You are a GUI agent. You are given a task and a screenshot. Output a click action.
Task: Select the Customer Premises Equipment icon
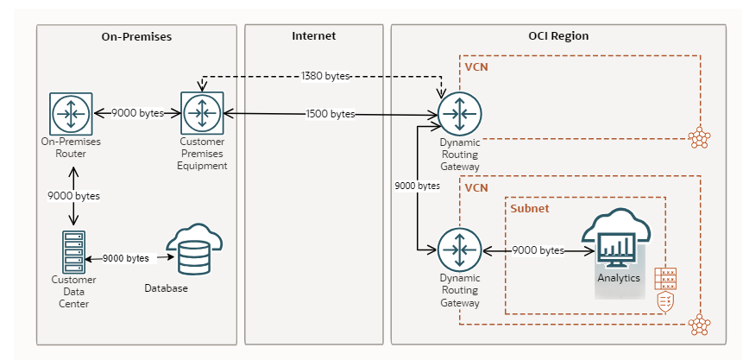point(203,113)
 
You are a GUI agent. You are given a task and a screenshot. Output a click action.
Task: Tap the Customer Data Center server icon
point(73,250)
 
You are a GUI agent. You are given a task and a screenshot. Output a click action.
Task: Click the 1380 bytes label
point(325,76)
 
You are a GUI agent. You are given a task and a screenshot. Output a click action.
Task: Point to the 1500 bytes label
point(331,114)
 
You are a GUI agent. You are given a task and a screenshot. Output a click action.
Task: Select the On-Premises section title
point(136,37)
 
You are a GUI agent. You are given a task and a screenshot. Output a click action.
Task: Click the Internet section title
point(313,36)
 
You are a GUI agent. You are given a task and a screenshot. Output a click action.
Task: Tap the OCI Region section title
point(558,36)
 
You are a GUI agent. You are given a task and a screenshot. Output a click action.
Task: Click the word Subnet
point(529,209)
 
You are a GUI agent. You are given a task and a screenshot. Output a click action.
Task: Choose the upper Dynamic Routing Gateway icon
point(459,113)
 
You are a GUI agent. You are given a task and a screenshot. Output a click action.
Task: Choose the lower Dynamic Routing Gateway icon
point(459,250)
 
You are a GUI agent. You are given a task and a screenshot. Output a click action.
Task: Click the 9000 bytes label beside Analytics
point(538,250)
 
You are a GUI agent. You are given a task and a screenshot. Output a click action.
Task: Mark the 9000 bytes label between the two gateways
point(417,186)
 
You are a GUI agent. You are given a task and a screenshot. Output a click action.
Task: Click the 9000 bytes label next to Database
point(126,258)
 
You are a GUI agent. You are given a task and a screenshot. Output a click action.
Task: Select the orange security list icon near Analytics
point(665,278)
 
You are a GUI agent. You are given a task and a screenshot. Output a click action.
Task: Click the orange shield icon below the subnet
point(665,301)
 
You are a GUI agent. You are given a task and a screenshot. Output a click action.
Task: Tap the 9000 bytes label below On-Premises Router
point(73,196)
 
